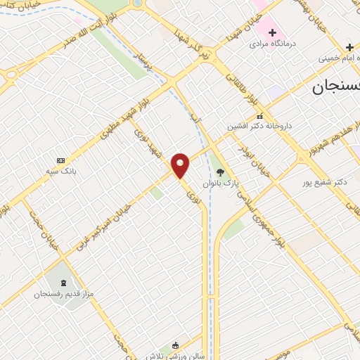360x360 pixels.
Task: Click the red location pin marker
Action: [181, 165]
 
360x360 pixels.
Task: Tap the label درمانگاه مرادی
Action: [273, 44]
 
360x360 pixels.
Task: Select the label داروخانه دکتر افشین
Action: [258, 127]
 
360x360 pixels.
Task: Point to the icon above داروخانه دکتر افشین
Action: [259, 116]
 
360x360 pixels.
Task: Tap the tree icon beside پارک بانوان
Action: [220, 172]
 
